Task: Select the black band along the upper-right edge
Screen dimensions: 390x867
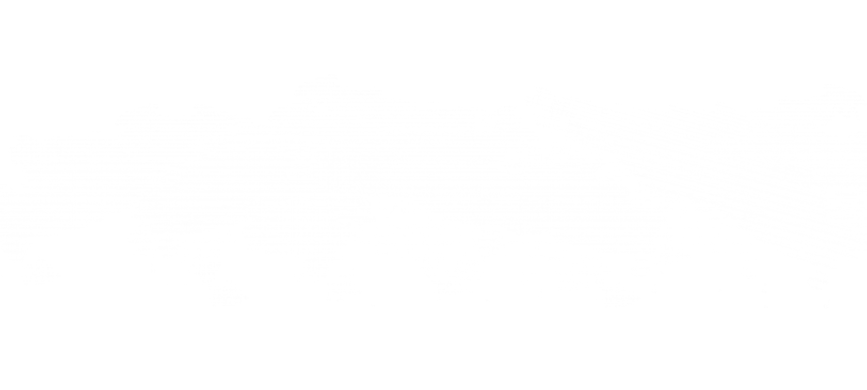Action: pos(748,26)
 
